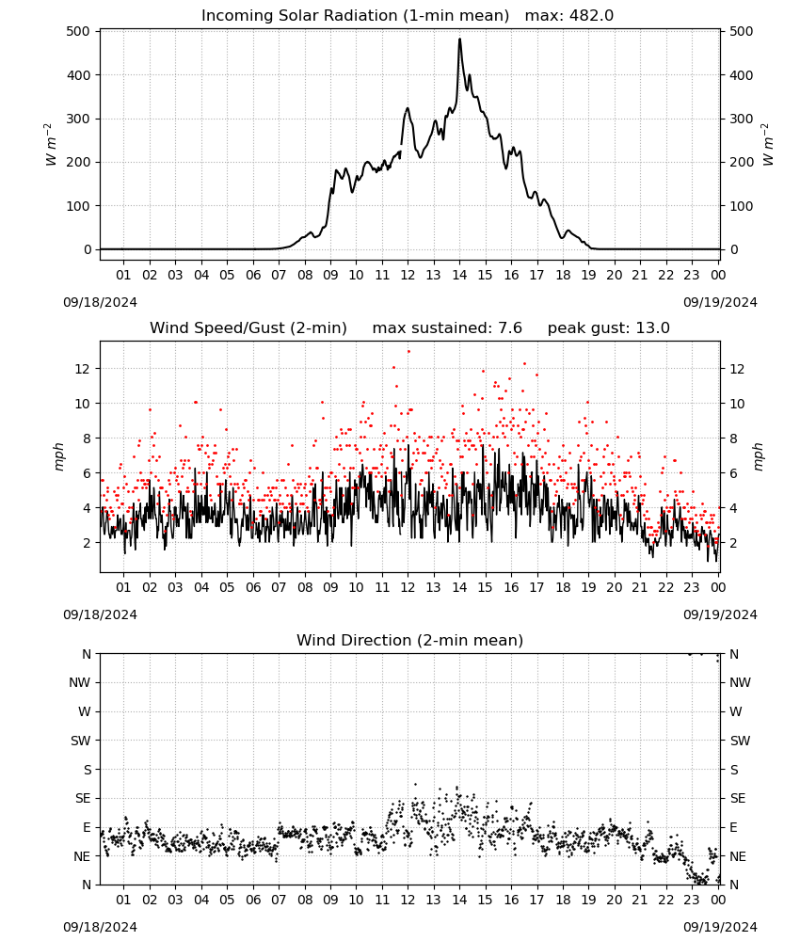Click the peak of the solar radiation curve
point(459,39)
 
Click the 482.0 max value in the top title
point(590,16)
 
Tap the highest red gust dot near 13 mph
point(408,351)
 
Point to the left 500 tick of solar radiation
point(79,31)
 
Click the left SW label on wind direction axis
point(81,741)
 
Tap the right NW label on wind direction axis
point(740,682)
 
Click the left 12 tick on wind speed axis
point(82,369)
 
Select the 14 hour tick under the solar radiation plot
point(459,275)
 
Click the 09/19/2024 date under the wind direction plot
point(720,927)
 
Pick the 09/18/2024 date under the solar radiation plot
point(100,302)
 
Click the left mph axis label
point(58,456)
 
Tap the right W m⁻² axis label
point(768,145)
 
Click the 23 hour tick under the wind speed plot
point(692,587)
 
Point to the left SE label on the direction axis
point(83,798)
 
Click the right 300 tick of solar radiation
point(742,119)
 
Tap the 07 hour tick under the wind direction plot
point(279,900)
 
